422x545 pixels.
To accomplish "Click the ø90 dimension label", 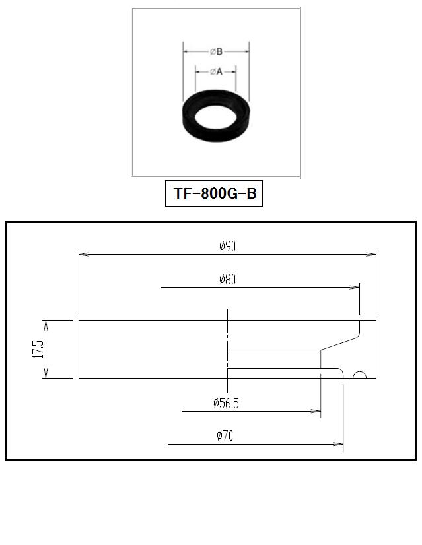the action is pos(227,246).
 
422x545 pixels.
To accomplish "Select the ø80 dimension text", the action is pos(227,279).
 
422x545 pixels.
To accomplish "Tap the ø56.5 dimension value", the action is pos(226,403).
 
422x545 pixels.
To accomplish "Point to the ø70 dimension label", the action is pos(225,435).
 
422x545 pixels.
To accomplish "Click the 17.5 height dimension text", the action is pos(38,349).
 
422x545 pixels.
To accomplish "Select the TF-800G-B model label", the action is pos(215,193).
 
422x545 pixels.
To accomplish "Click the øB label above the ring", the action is pos(216,51).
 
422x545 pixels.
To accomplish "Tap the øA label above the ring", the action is pos(216,72).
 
